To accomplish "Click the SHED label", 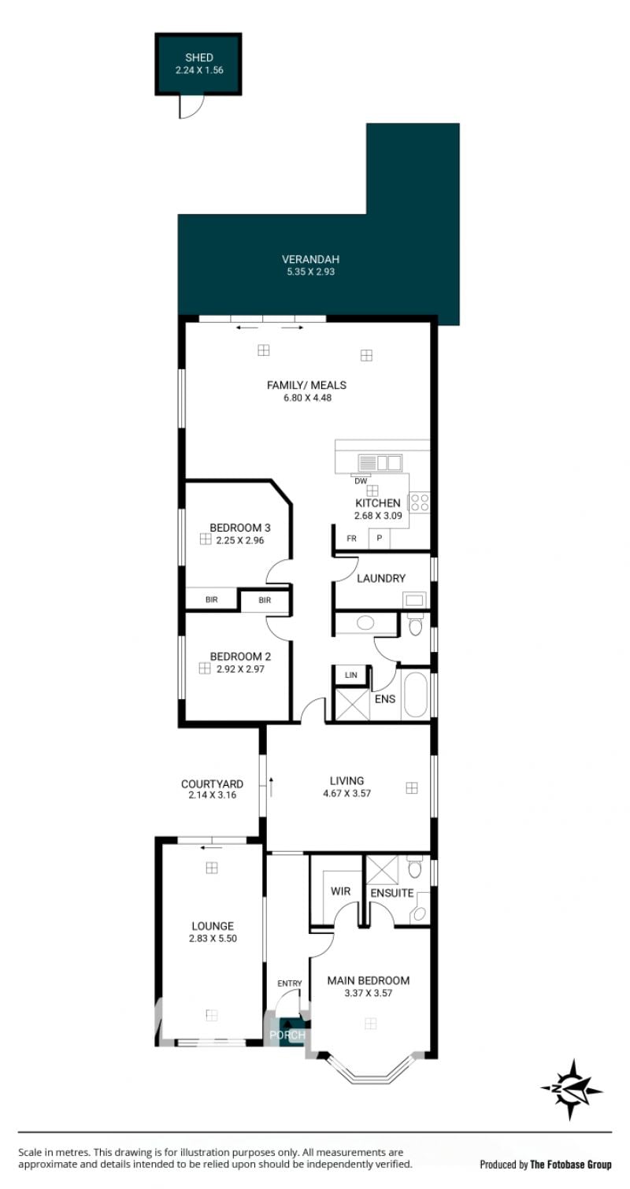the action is pos(199,57).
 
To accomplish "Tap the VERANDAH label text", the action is pos(310,260).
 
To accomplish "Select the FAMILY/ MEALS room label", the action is pos(307,385).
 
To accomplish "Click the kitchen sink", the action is pos(380,463).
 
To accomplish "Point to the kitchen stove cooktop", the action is pos(419,502).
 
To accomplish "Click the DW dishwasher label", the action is pos(361,481).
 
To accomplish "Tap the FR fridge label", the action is pos(351,539).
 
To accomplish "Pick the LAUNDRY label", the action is pos(381,578).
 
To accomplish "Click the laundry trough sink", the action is pos(414,600).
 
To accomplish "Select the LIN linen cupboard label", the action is pos(350,675).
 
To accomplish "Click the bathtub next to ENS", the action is pos(416,695).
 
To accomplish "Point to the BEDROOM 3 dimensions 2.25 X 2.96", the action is pos(240,540).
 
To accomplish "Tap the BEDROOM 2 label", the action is pos(240,657).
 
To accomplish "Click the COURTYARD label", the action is pos(213,784).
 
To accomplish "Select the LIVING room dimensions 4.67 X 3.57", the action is pos(346,794).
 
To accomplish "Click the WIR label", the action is pos(340,891).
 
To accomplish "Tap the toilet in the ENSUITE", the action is pos(414,867).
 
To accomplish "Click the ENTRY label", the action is pos(289,983).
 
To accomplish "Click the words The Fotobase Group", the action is pos(571,1165).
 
